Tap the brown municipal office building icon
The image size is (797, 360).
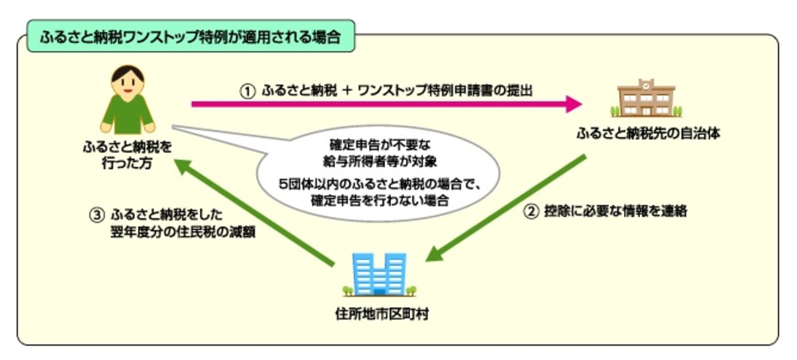[646, 99]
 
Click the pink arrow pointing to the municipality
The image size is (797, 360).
[386, 104]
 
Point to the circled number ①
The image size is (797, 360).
[246, 90]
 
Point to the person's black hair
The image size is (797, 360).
[128, 72]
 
